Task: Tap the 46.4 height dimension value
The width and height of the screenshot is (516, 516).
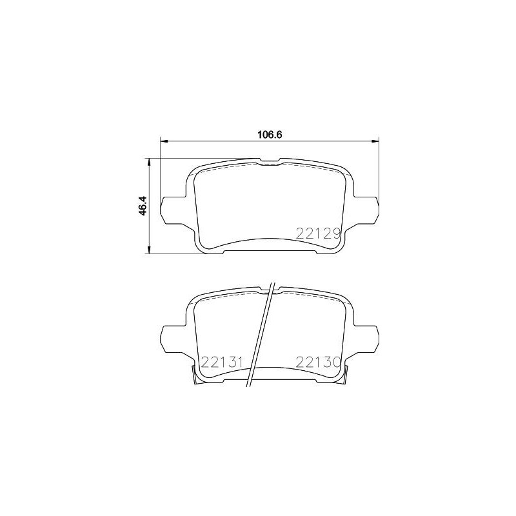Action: tap(144, 205)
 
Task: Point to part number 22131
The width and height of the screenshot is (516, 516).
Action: tap(221, 362)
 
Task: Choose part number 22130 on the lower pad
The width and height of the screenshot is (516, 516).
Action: tap(317, 362)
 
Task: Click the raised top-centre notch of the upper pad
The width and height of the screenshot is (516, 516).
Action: tap(269, 161)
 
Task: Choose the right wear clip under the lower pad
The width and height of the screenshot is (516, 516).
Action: tap(345, 376)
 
